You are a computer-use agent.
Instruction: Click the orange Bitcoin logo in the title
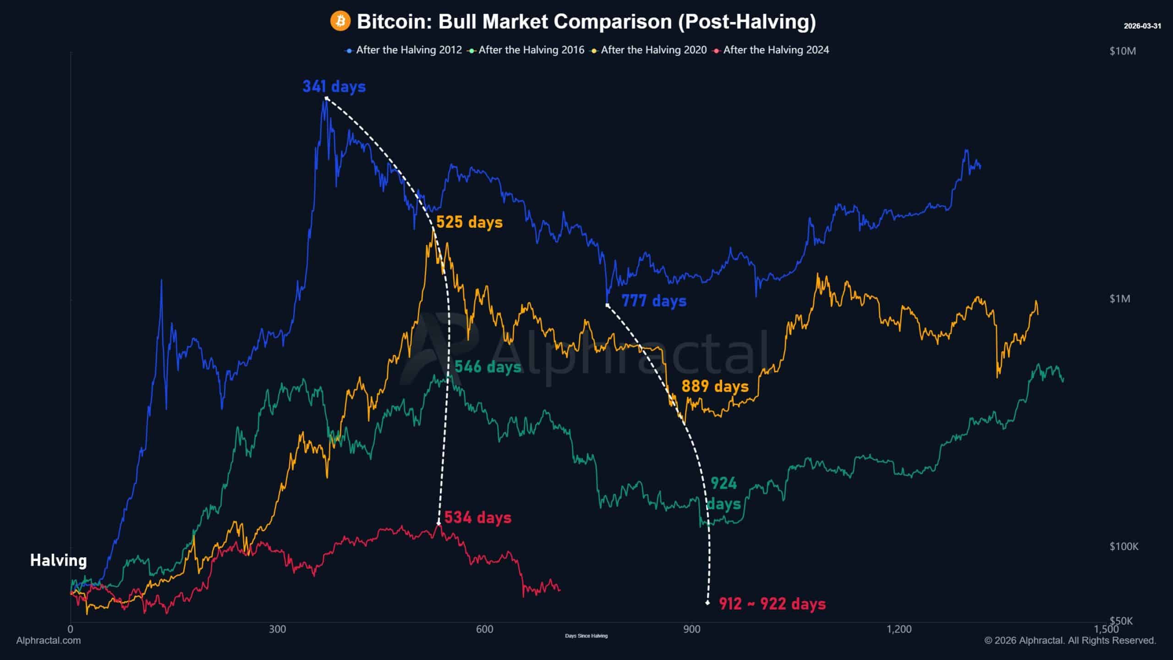tap(340, 22)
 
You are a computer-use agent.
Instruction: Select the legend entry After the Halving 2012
tap(408, 50)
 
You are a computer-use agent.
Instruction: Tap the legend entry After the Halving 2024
tap(776, 50)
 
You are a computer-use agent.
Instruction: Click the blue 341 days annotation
tap(334, 86)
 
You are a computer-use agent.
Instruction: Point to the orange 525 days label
tap(469, 222)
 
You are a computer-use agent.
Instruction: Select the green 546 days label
tap(488, 367)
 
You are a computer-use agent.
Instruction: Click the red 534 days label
tap(477, 517)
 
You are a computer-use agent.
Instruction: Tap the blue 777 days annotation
tap(654, 301)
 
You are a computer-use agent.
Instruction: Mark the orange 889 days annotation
tap(715, 386)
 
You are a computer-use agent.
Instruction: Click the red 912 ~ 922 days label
tap(772, 604)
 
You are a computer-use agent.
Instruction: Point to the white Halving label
tap(58, 560)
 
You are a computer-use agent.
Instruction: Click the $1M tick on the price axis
tap(1119, 299)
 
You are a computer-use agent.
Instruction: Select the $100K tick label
tap(1124, 546)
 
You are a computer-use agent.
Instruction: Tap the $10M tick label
tap(1123, 51)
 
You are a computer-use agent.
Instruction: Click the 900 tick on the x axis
tap(691, 629)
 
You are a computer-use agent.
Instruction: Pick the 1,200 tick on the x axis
tap(899, 629)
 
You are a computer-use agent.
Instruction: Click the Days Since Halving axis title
tap(586, 636)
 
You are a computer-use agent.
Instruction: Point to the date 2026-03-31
tap(1142, 26)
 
